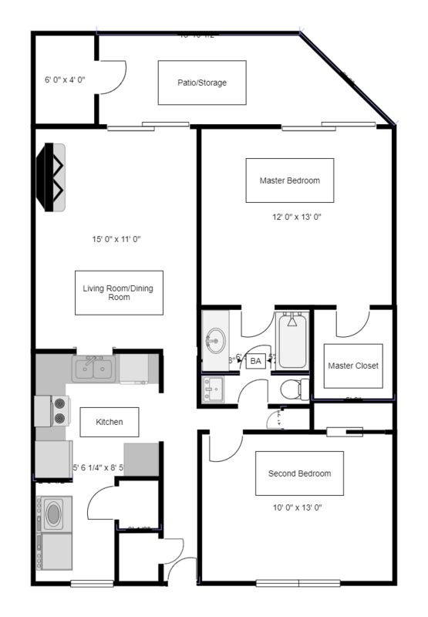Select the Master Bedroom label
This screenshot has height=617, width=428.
click(289, 180)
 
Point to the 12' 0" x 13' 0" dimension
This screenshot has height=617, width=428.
click(289, 217)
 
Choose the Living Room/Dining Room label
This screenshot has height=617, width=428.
click(118, 292)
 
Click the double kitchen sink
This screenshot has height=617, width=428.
click(96, 369)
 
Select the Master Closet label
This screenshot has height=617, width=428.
click(352, 366)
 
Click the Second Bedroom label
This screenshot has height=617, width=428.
click(299, 473)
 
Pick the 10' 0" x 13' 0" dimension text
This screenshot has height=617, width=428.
click(299, 508)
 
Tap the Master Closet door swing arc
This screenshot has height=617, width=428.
click(346, 324)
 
